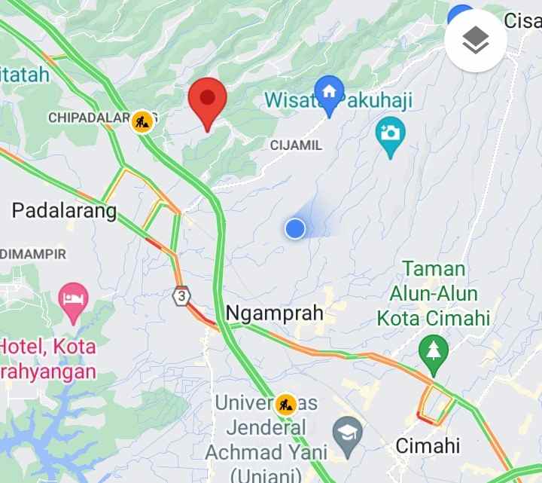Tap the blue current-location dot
[295, 228]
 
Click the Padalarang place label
[65, 210]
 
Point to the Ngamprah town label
[275, 313]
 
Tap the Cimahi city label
[428, 445]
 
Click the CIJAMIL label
[297, 145]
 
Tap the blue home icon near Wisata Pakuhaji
[329, 92]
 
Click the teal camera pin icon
[390, 135]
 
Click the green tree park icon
[434, 351]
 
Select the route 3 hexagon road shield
[181, 295]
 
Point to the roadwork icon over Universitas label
[285, 405]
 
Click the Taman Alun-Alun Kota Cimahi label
[434, 293]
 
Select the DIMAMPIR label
[34, 254]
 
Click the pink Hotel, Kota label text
[48, 359]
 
